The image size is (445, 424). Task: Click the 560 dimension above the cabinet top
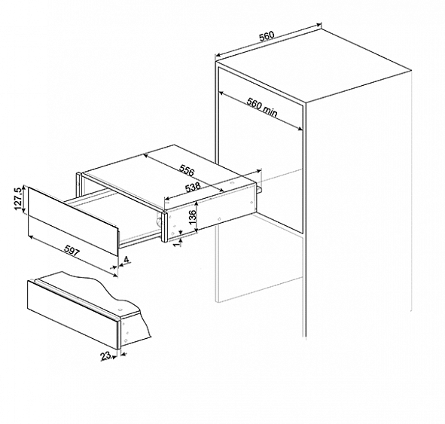coord(267,36)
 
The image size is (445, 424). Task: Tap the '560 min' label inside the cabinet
coord(262,107)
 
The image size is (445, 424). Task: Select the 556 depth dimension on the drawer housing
coord(187,170)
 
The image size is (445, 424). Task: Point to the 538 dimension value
coord(193,188)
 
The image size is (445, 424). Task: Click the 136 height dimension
coord(193,217)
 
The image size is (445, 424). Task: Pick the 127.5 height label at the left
coord(18,199)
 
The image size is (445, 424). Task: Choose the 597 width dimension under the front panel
coord(72,251)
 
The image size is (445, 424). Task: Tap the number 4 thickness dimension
coord(126,260)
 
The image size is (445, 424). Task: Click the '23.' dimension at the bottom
coord(106,356)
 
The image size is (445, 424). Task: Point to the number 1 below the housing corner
coord(178,244)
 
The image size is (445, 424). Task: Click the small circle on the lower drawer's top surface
coord(120,309)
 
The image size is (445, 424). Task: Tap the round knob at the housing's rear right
coord(259,189)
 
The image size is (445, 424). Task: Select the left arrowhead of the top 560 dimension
coord(218,55)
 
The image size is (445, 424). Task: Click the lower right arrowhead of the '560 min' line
coord(300,129)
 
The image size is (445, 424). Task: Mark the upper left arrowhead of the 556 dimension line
coord(145,155)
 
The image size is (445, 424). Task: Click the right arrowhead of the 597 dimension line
coord(115,274)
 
